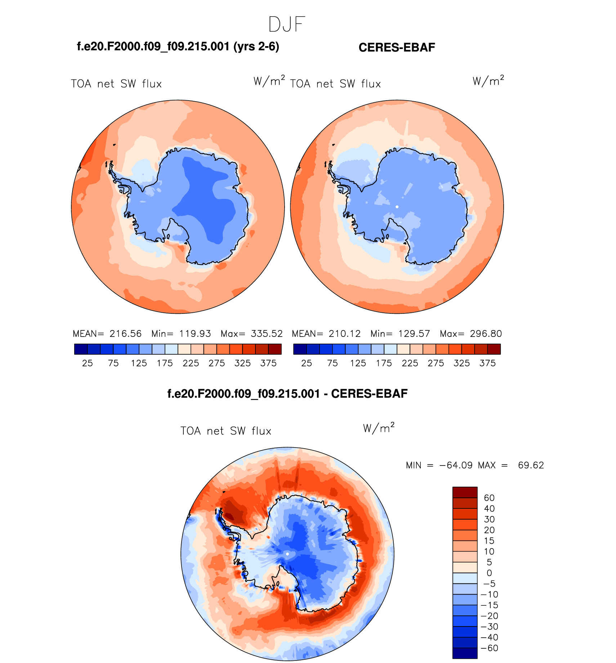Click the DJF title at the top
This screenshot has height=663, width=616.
coord(287,25)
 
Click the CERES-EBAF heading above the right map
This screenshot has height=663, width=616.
coord(397,48)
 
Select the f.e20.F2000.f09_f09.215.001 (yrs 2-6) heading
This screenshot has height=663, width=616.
coord(178,46)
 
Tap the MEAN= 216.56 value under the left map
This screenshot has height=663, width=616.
coord(107,334)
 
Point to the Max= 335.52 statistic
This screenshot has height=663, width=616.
coord(251,334)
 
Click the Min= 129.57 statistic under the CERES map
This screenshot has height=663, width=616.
coord(400,334)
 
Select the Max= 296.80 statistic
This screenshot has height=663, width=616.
coord(470,334)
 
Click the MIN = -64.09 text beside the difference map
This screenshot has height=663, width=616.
coord(439,465)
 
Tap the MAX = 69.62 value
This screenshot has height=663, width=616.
coord(511,465)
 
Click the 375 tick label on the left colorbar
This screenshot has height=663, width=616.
coord(268,363)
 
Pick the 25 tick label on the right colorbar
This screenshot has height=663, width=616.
coord(307,363)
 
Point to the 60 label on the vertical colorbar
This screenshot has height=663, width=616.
coord(489,498)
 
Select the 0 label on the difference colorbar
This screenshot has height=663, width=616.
coord(489,573)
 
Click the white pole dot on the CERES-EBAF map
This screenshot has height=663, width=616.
coord(397,207)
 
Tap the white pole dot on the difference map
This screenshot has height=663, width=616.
coord(287,554)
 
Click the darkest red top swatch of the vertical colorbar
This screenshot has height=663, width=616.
coord(465,492)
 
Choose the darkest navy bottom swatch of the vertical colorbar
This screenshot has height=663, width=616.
coord(465,653)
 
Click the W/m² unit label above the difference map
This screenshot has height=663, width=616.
coord(379,428)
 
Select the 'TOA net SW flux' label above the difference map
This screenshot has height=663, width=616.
coord(226,431)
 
